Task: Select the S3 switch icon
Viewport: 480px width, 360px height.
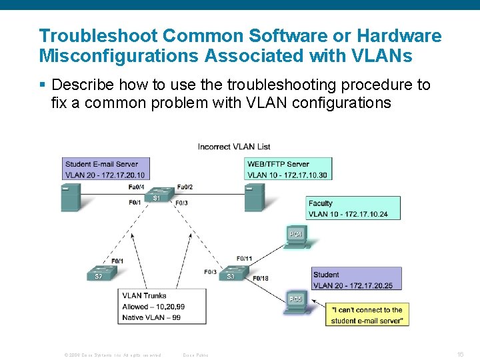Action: (233, 274)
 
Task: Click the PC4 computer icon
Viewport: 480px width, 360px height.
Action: (296, 237)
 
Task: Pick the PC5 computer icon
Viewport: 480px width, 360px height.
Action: (295, 301)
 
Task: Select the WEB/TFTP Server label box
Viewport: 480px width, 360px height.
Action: (289, 169)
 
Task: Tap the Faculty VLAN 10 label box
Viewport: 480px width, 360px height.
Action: (353, 209)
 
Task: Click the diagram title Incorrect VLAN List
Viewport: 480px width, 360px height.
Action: (234, 147)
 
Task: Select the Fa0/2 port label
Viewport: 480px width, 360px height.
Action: (185, 187)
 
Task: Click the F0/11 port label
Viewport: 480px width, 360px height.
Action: (244, 259)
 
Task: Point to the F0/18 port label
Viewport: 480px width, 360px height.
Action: (261, 279)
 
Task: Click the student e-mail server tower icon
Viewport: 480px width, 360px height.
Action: (71, 197)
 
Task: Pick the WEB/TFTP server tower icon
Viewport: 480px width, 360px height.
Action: (255, 197)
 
